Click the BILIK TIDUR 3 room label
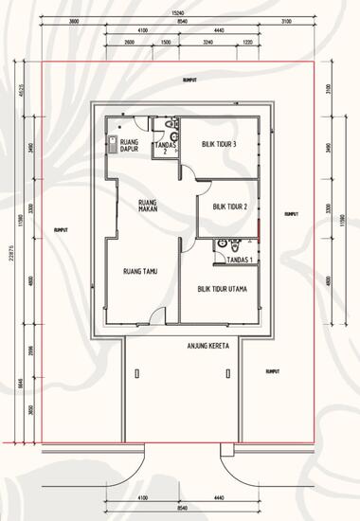(218, 143)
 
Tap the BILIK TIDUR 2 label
(229, 206)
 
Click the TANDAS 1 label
(242, 259)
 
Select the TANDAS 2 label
(162, 147)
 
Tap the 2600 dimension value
(128, 43)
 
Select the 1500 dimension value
(165, 43)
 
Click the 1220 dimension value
(247, 43)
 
